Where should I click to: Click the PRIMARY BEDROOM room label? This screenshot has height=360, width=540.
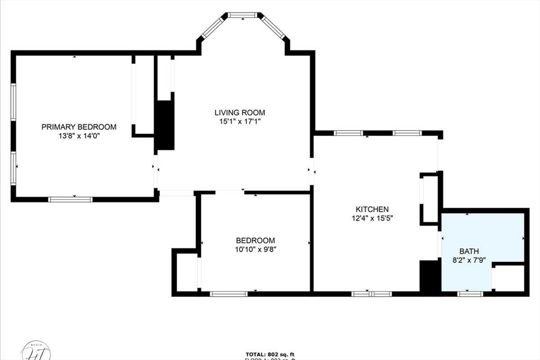[79, 127]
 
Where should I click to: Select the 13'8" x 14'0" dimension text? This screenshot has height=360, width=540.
[79, 136]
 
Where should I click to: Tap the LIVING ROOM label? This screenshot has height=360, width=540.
[239, 112]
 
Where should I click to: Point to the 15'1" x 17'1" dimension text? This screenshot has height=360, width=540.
[239, 121]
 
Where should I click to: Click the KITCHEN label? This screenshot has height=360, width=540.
[372, 209]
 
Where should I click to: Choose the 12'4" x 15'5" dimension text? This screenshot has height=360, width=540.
[372, 218]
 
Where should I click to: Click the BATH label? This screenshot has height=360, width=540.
[469, 251]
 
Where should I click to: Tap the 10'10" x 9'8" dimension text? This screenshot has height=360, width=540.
[256, 249]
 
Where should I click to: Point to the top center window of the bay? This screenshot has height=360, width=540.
[243, 15]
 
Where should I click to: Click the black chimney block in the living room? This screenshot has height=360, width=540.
[166, 125]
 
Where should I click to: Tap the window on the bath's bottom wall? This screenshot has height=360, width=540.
[470, 294]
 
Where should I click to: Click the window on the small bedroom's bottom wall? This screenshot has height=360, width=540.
[229, 294]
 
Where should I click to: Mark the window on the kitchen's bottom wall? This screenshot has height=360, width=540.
[372, 294]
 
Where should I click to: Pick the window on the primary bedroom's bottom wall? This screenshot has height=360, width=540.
[70, 199]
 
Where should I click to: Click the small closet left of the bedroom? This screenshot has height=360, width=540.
[186, 271]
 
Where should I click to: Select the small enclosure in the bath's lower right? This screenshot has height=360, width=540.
[509, 278]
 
